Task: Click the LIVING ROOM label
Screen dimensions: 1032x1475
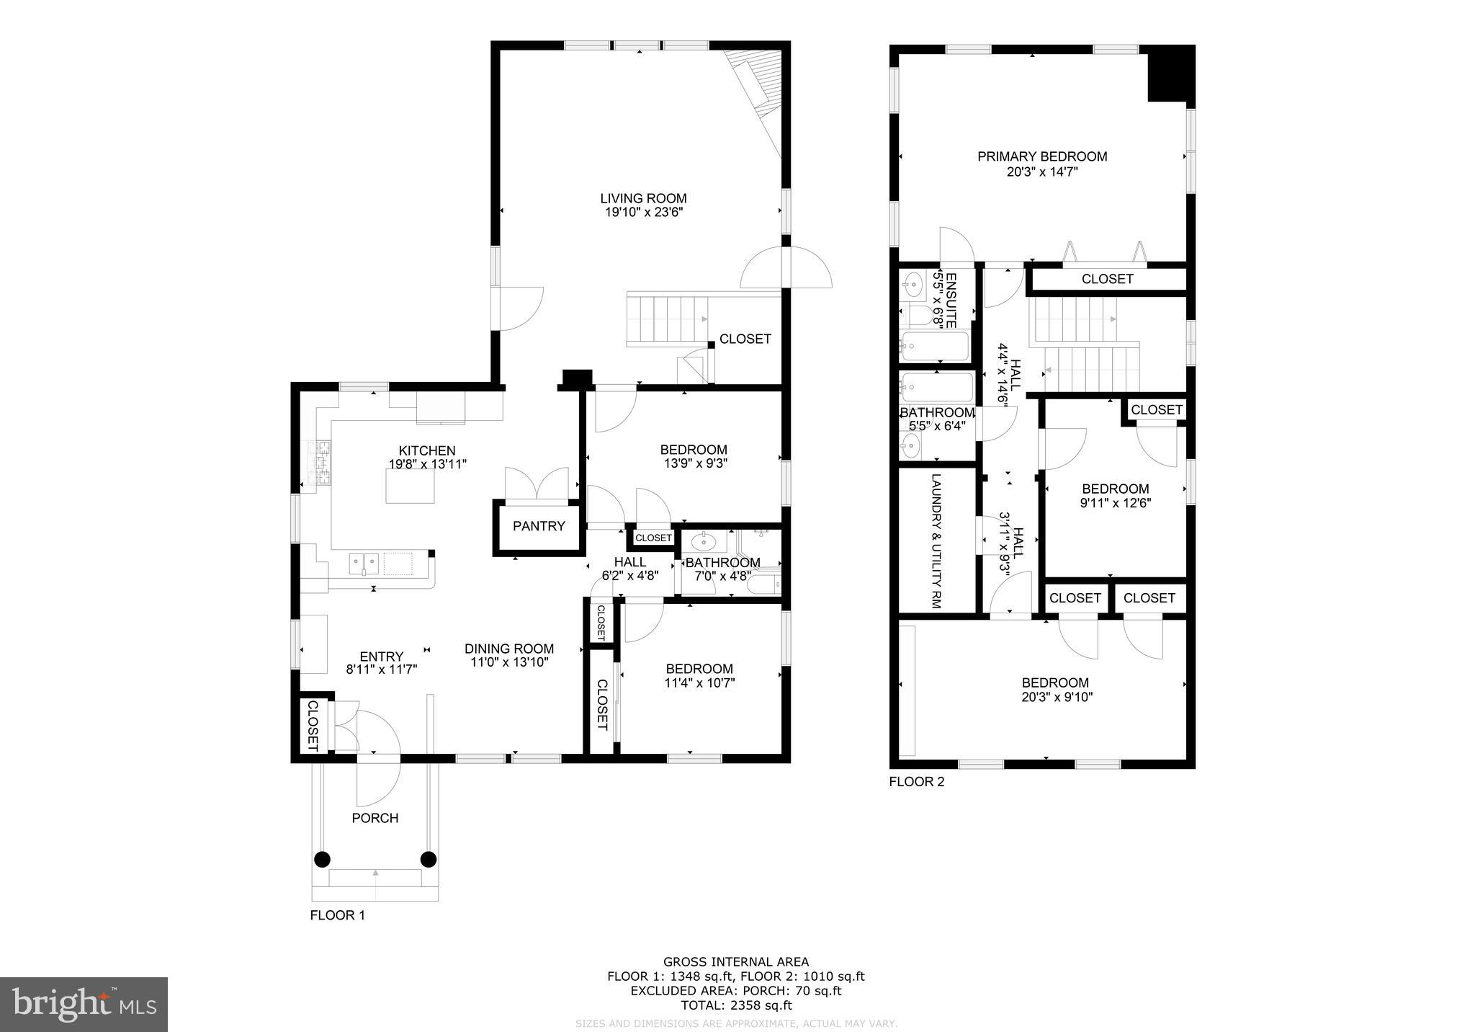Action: [643, 198]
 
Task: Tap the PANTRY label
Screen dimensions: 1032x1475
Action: [539, 526]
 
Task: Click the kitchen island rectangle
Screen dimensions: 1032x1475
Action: [410, 485]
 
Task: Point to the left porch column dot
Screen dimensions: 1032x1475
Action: [322, 859]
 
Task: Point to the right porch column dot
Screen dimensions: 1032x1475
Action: [429, 859]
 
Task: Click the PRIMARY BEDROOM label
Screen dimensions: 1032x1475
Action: [1041, 156]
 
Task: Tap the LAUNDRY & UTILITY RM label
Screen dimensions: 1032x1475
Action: [936, 541]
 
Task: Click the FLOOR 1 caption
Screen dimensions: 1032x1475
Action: [337, 915]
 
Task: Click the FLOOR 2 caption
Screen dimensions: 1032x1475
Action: [916, 782]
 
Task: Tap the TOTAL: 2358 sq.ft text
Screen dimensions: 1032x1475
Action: [736, 1005]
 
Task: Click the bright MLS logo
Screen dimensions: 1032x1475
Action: [84, 1004]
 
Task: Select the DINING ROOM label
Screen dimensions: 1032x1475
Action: [509, 649]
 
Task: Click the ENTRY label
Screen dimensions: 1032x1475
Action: [381, 657]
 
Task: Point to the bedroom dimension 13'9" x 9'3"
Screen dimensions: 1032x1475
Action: [695, 464]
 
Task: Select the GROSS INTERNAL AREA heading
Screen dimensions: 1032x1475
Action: [735, 961]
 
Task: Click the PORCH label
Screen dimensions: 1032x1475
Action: [375, 818]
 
